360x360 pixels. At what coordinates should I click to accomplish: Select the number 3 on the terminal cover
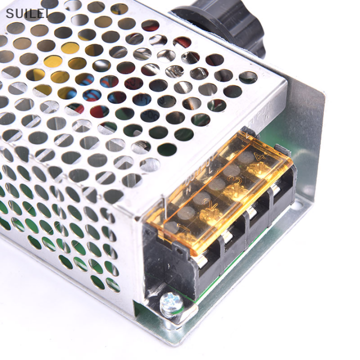[x=238, y=179]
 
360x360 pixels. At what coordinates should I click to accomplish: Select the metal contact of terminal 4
[x=274, y=190]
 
